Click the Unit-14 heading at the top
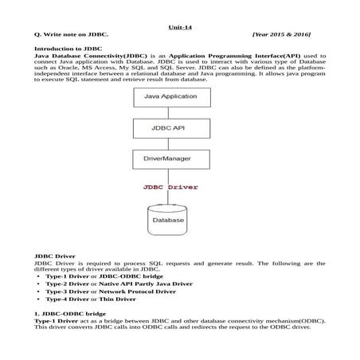pyautogui.click(x=179, y=26)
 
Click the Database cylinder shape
pyautogui.click(x=168, y=217)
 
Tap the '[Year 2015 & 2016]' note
pyautogui.click(x=280, y=35)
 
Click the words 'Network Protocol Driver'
pyautogui.click(x=141, y=292)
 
